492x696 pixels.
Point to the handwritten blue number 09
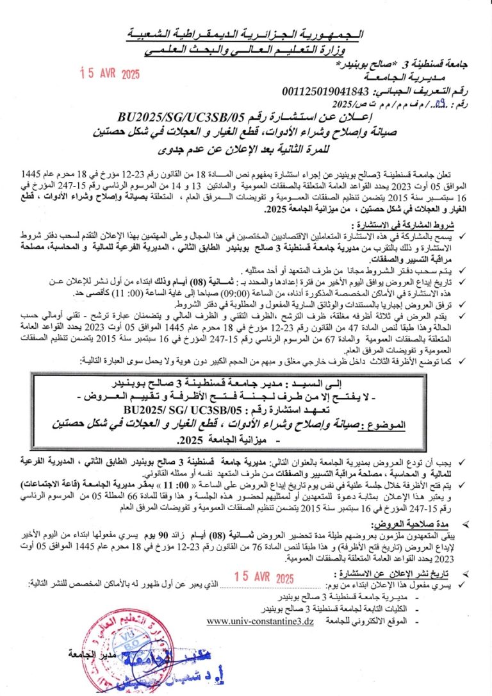[441, 103]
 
